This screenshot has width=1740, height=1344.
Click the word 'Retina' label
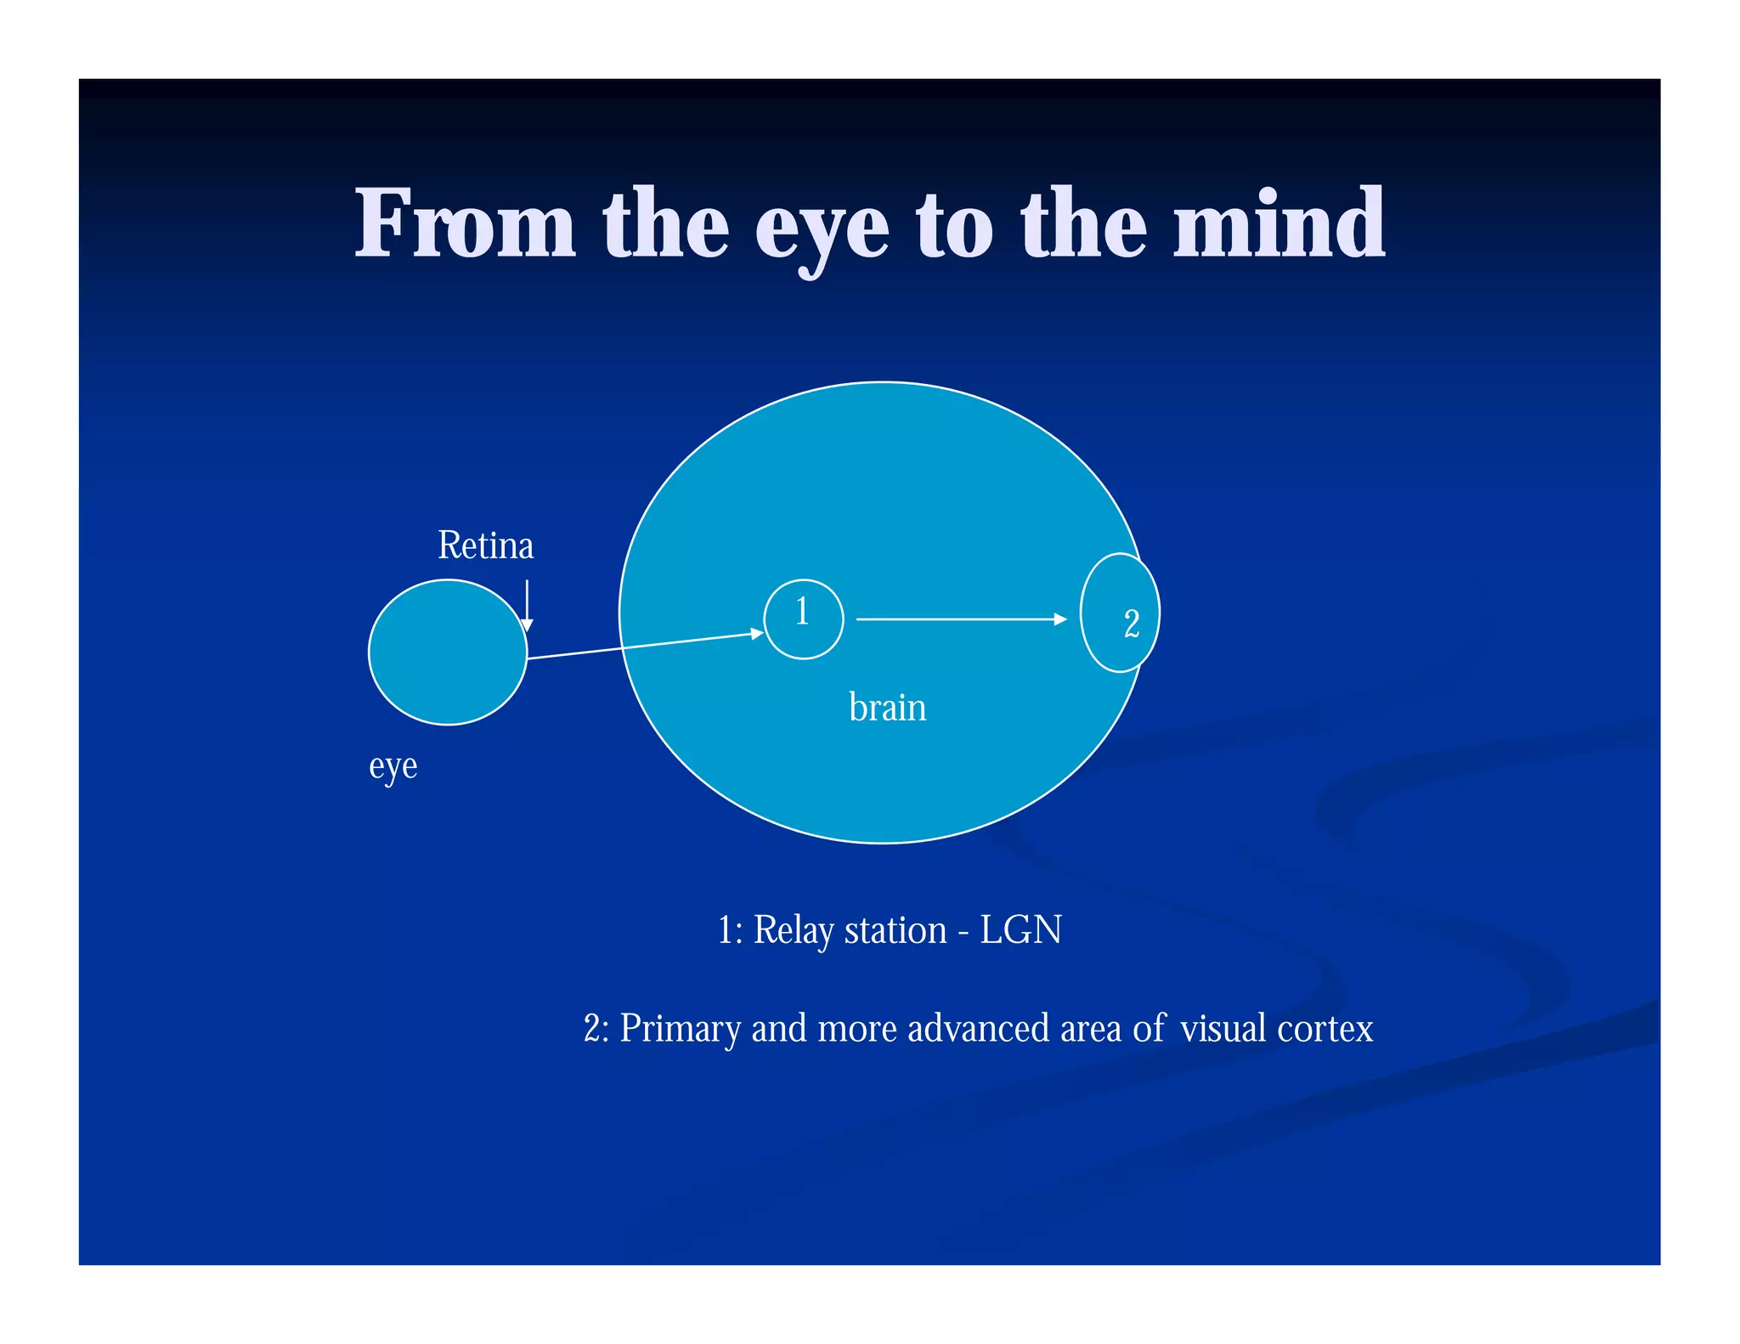(485, 545)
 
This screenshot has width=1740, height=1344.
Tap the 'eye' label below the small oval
(393, 766)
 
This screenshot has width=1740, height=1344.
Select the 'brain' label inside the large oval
(887, 707)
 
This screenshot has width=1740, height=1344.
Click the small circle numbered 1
(803, 619)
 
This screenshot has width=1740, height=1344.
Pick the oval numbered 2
(1119, 613)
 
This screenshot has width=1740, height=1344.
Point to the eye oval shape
(447, 652)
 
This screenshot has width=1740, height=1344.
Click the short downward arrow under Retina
(527, 605)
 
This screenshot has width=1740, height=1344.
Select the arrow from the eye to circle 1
(646, 646)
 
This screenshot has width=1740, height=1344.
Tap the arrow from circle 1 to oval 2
(961, 619)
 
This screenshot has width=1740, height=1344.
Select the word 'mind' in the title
(1279, 224)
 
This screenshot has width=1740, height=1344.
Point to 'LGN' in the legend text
(1020, 929)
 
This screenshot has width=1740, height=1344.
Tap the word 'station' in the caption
(895, 929)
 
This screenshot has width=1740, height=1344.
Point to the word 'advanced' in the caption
(977, 1028)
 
